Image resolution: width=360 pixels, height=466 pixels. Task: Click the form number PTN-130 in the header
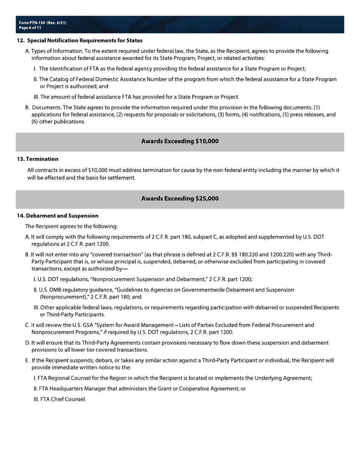click(37, 23)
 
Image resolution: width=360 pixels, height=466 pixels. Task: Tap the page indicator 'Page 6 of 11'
click(30, 28)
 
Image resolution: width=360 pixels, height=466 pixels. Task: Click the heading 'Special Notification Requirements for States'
click(85, 41)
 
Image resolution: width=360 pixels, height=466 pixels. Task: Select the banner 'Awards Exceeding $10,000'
click(180, 141)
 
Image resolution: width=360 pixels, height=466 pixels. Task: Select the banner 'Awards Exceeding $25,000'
click(180, 199)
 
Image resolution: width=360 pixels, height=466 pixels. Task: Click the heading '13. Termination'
click(38, 159)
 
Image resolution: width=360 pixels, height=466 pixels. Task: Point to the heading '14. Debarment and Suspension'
click(58, 216)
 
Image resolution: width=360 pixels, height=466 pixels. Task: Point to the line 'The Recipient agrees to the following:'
click(71, 227)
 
